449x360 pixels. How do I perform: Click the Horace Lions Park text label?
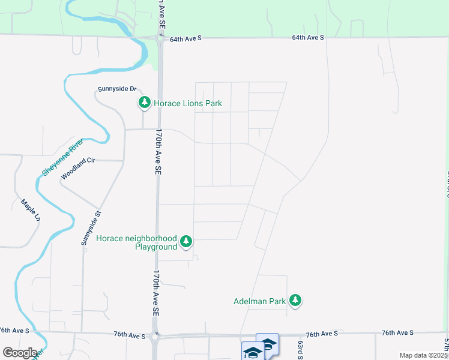(188, 103)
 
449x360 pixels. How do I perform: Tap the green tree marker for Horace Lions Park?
(144, 103)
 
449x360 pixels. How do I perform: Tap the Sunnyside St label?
(92, 228)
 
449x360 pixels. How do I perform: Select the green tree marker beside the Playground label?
(187, 241)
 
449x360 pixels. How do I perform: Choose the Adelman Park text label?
(259, 301)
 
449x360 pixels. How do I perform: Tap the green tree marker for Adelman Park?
(295, 300)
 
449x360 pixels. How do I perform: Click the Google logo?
(19, 352)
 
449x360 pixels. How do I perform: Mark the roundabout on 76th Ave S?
(156, 336)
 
